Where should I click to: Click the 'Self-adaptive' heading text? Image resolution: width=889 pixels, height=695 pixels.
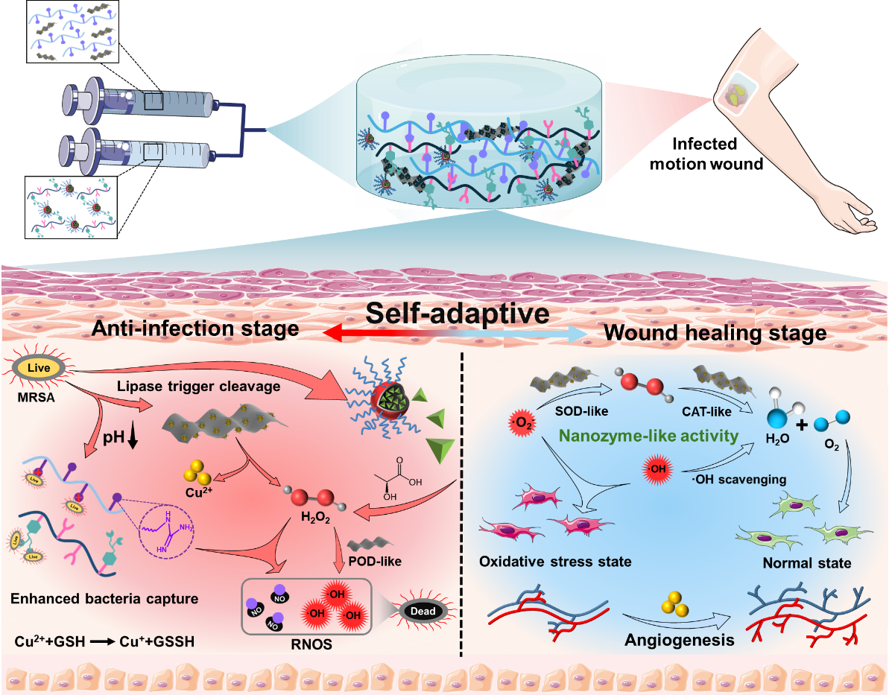457,313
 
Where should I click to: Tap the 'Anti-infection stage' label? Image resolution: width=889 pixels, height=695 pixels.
194,329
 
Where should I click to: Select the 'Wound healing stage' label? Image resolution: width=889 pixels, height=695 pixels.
715,332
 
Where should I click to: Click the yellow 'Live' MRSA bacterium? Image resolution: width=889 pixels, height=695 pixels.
36,366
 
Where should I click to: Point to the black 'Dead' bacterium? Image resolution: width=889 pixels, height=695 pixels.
420,611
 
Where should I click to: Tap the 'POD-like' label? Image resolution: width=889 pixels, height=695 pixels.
375,561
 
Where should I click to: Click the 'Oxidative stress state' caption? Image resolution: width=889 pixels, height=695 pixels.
555,561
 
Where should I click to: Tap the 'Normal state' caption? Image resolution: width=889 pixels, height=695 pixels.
806,562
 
